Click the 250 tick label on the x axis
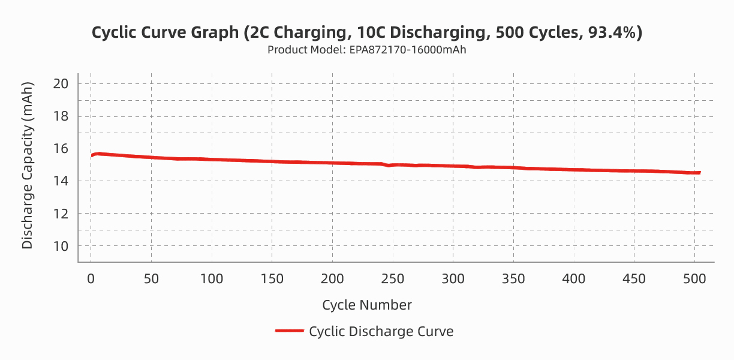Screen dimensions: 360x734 point(393,279)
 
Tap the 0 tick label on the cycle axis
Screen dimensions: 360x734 point(91,279)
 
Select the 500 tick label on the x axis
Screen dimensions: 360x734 point(694,279)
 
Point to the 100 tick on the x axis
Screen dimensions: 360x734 point(212,279)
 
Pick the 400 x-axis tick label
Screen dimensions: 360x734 point(574,279)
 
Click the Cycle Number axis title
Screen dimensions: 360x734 point(367,305)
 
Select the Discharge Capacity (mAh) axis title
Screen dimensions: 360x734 point(27,165)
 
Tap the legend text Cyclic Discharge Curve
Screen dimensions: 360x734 point(381,331)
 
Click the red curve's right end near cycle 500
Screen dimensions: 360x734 point(699,173)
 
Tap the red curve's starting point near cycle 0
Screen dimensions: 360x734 point(92,156)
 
